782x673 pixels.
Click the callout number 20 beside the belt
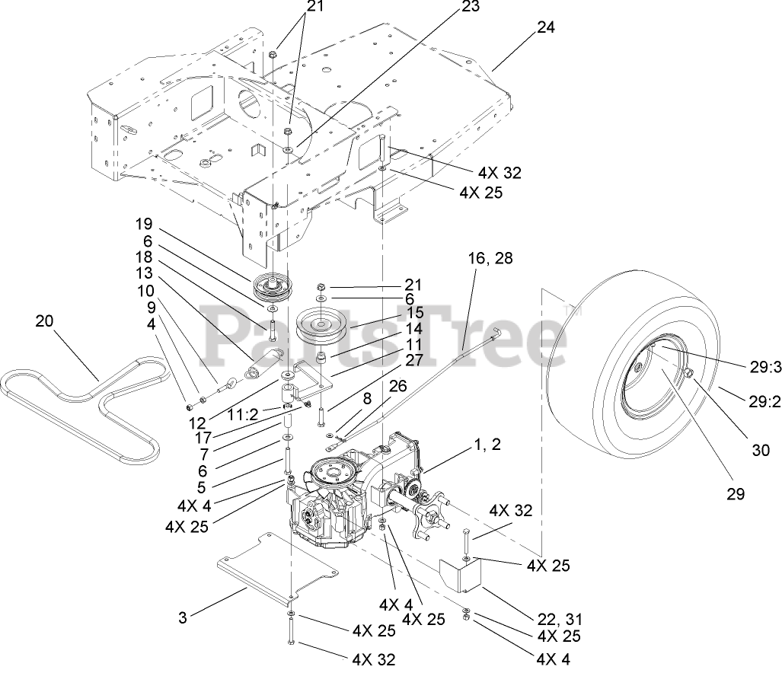pos(45,322)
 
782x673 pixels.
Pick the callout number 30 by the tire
pos(761,450)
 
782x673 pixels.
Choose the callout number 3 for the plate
pos(182,617)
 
